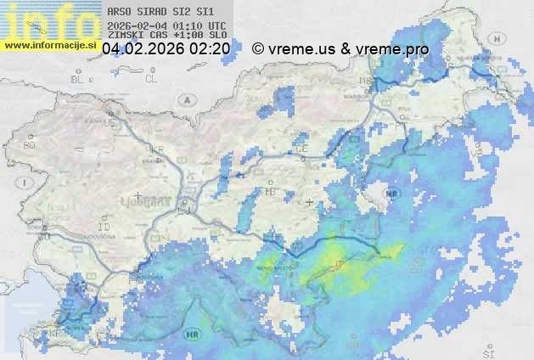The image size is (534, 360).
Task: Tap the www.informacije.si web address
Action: [50, 45]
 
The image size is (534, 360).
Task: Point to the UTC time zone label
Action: [216, 25]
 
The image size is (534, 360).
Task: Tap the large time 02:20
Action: [210, 49]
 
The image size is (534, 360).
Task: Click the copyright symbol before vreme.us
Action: [258, 49]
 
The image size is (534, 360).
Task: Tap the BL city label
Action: [78, 79]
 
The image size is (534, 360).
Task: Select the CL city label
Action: [151, 79]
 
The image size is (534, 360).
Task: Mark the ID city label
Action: [104, 228]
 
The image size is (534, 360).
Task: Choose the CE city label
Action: [301, 149]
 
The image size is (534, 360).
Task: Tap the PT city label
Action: [399, 124]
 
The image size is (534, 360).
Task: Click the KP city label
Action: [56, 333]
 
